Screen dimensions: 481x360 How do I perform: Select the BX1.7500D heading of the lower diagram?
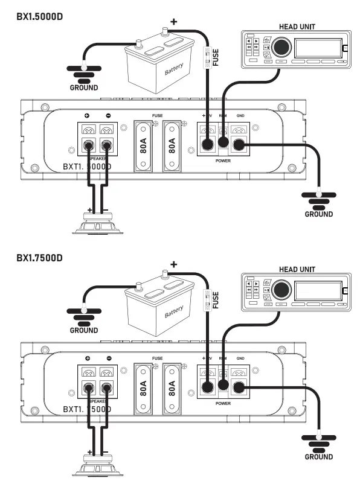point(40,258)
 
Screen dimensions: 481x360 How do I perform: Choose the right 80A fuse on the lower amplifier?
point(172,389)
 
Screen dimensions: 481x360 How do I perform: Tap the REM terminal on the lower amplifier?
point(223,387)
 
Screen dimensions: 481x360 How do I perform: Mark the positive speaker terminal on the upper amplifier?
point(89,145)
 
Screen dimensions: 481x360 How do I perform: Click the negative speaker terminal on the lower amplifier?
point(108,387)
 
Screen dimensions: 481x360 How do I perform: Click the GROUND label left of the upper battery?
point(83,88)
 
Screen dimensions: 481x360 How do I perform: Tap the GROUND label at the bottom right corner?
point(318,457)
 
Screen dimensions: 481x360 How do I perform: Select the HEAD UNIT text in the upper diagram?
point(297,27)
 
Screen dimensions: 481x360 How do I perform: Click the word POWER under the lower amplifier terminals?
point(223,403)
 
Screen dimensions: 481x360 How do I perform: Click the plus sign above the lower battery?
point(174,264)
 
